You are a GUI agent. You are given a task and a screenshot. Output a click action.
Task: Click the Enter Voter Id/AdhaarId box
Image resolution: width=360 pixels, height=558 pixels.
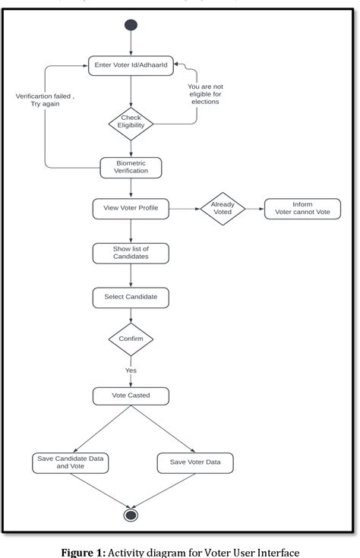(131, 66)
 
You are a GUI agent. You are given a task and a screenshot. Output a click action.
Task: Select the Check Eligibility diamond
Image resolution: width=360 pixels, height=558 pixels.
(131, 121)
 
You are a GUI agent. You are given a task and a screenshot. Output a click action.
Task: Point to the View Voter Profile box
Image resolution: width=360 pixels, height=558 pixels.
(131, 208)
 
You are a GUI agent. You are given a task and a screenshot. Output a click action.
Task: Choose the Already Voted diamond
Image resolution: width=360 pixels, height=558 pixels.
(223, 208)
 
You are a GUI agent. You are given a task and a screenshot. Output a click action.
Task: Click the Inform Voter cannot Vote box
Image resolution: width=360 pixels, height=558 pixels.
(302, 209)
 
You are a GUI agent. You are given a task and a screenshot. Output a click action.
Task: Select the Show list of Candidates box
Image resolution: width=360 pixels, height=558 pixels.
(131, 253)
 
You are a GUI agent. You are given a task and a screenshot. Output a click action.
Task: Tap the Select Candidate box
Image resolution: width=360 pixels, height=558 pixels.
(131, 296)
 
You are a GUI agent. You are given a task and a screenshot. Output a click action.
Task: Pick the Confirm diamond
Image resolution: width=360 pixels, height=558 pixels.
(131, 339)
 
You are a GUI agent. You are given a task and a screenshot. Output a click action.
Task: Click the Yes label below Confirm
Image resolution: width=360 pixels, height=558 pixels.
(131, 370)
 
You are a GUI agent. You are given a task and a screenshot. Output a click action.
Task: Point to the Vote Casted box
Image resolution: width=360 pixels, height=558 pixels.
(131, 396)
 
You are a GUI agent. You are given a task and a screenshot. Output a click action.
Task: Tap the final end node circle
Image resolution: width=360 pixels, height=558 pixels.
(131, 515)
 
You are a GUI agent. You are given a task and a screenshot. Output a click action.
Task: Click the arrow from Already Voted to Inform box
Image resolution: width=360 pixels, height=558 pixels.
(254, 209)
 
